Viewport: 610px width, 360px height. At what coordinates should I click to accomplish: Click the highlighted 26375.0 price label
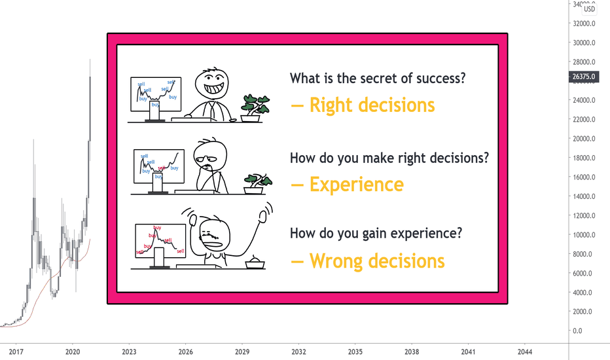[x=584, y=77]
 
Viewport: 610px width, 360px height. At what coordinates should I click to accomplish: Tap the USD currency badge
[x=589, y=9]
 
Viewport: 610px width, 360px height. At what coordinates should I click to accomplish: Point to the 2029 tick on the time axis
[x=242, y=352]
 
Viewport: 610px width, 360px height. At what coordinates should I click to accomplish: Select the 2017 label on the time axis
[x=16, y=352]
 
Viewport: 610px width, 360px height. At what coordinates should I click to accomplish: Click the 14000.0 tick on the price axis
[x=584, y=196]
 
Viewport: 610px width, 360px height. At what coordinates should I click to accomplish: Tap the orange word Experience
[x=356, y=184]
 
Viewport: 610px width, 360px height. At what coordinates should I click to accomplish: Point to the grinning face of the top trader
[x=211, y=84]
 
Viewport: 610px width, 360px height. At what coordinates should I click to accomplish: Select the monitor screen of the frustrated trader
[x=160, y=241]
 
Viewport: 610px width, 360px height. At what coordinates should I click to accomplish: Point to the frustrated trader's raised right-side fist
[x=263, y=216]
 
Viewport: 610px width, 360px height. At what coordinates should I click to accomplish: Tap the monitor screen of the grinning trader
[x=156, y=94]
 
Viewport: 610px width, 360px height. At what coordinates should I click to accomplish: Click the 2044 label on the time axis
[x=525, y=352]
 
